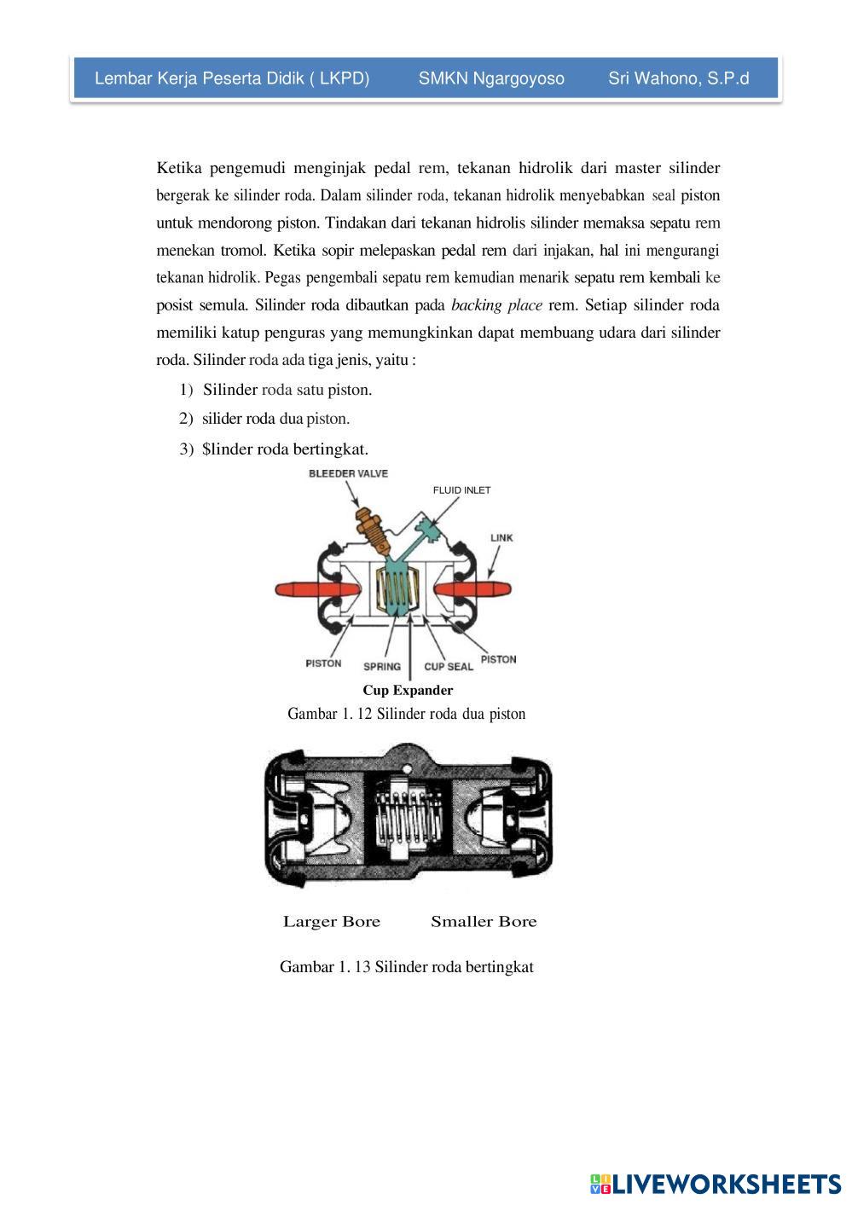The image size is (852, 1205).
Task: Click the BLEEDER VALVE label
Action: [x=348, y=473]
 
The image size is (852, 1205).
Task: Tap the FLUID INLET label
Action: [x=461, y=490]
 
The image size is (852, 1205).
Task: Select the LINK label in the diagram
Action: [x=501, y=538]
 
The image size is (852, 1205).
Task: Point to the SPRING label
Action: [x=381, y=666]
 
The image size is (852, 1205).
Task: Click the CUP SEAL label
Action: [x=449, y=666]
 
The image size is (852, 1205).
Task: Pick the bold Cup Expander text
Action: [x=408, y=690]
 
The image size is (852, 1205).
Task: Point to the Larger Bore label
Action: [x=332, y=921]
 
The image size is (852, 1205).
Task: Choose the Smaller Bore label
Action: [x=484, y=921]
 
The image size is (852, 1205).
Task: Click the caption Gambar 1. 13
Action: [x=407, y=966]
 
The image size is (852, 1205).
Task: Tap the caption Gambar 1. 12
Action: [x=407, y=713]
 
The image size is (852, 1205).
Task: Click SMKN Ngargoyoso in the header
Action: [x=491, y=78]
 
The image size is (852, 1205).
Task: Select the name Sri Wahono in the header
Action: [x=679, y=78]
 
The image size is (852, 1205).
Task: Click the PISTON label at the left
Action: [x=323, y=663]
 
